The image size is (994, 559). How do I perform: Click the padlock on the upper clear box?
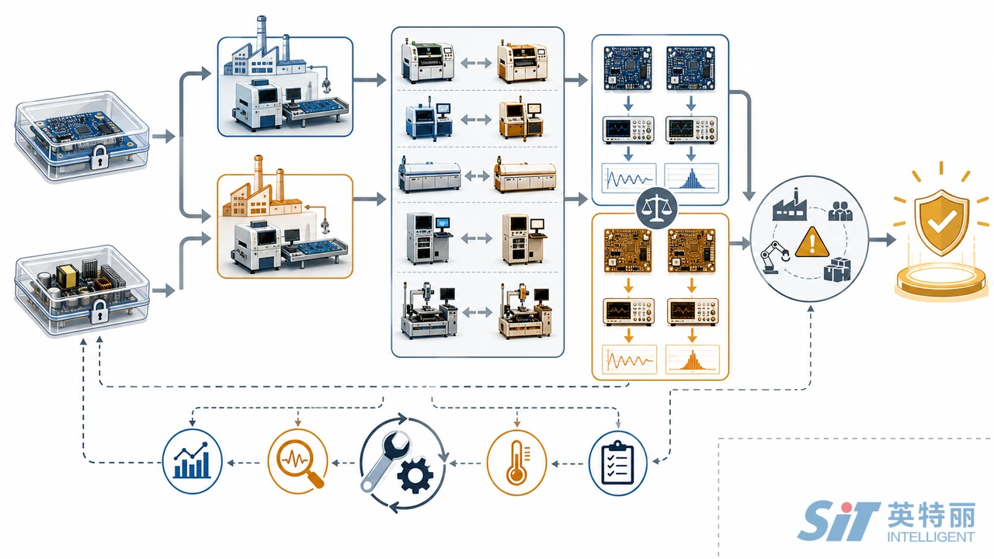(x=99, y=157)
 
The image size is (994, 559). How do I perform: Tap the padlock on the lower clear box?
(x=99, y=311)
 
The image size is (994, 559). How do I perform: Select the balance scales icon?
(x=656, y=208)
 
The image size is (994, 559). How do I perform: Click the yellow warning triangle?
(x=812, y=242)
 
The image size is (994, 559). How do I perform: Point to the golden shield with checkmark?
(x=941, y=222)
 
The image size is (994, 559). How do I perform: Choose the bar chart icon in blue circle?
(x=192, y=461)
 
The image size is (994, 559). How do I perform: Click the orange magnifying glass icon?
(x=297, y=461)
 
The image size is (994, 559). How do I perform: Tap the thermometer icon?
(x=516, y=462)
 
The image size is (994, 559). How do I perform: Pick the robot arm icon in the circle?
(x=775, y=257)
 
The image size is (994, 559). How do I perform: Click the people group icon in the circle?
(x=840, y=210)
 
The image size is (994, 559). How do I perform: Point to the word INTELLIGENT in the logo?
(x=931, y=536)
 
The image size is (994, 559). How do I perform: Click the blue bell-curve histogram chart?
(x=691, y=178)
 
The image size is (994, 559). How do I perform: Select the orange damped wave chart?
(x=629, y=359)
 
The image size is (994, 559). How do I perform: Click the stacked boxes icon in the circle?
(x=837, y=269)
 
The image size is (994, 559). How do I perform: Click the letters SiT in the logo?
(x=839, y=520)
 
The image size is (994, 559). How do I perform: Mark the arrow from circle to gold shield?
(x=882, y=240)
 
